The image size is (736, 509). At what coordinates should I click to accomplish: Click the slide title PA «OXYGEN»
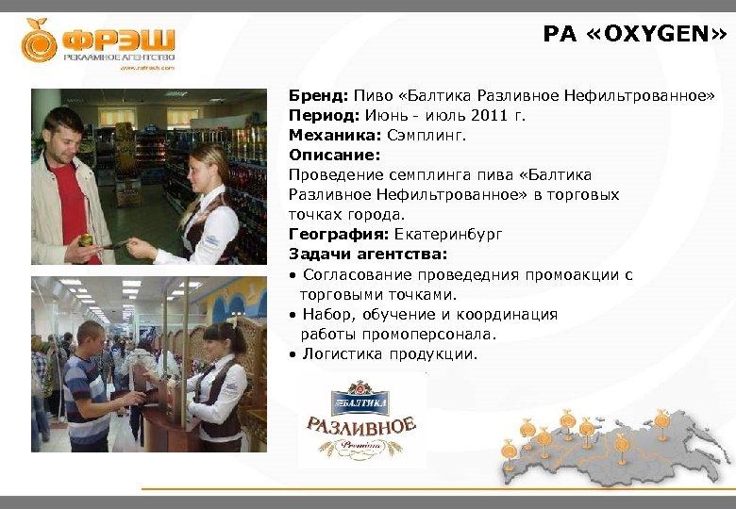tap(634, 35)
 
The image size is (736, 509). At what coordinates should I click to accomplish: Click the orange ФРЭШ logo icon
tap(40, 41)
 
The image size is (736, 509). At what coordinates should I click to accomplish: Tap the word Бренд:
tap(319, 96)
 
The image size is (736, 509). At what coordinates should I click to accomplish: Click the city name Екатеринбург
tap(449, 235)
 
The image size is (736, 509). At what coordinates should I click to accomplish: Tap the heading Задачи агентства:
tap(368, 254)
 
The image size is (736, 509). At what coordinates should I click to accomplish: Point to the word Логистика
tap(343, 354)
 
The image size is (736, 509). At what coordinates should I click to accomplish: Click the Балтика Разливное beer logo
tap(361, 419)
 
